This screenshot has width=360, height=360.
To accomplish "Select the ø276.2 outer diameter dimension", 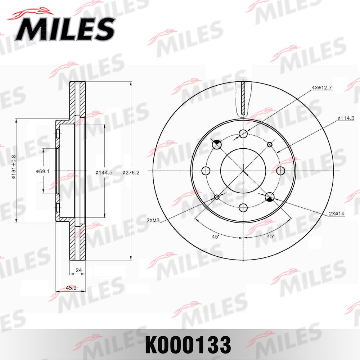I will [131, 172].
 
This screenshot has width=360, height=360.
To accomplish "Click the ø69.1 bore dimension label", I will [42, 171].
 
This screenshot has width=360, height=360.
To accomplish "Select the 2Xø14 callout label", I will [337, 213].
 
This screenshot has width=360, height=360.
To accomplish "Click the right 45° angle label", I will [270, 237].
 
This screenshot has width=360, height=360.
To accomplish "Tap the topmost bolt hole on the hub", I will [244, 134].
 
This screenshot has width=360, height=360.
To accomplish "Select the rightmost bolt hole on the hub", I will [281, 170].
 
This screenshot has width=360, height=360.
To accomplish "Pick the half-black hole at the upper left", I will [217, 144].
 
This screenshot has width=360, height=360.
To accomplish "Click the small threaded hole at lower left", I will [217, 197].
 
